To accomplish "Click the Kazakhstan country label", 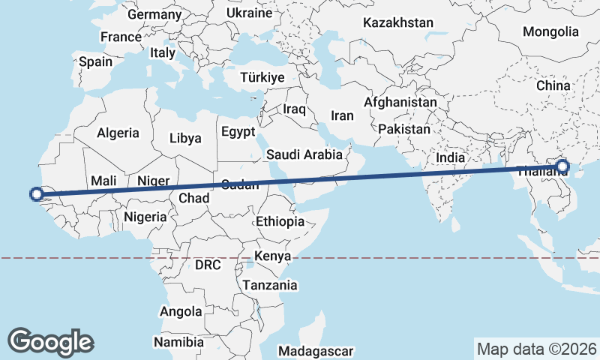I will [397, 22].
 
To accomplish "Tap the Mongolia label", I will [550, 31].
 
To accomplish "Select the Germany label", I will [154, 14].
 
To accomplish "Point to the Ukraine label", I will [249, 13].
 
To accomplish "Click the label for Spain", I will [95, 62].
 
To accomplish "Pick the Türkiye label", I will [262, 77].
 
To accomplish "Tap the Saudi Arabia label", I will [304, 155].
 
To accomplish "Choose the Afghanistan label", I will [400, 102].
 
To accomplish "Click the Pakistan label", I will [404, 129].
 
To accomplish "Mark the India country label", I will [450, 158].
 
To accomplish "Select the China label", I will [553, 85].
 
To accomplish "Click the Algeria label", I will [118, 133].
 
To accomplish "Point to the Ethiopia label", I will [280, 221].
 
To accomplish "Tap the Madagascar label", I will [315, 351].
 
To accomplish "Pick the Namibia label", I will [178, 342].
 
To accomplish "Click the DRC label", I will [208, 265].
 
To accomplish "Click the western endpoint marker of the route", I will [36, 194].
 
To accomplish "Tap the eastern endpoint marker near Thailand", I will [562, 167].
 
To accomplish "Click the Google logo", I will [50, 341].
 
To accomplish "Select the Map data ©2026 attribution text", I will [536, 349].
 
